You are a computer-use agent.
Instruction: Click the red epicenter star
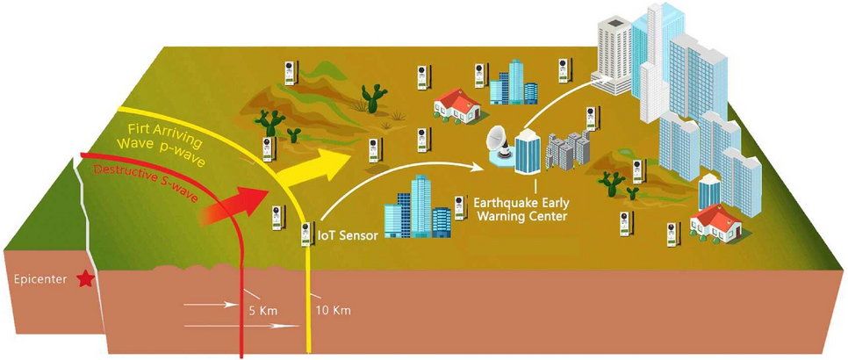(85, 279)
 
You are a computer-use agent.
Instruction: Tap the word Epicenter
(40, 280)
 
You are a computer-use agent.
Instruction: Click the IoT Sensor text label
(349, 234)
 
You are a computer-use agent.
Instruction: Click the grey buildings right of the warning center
(566, 149)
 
